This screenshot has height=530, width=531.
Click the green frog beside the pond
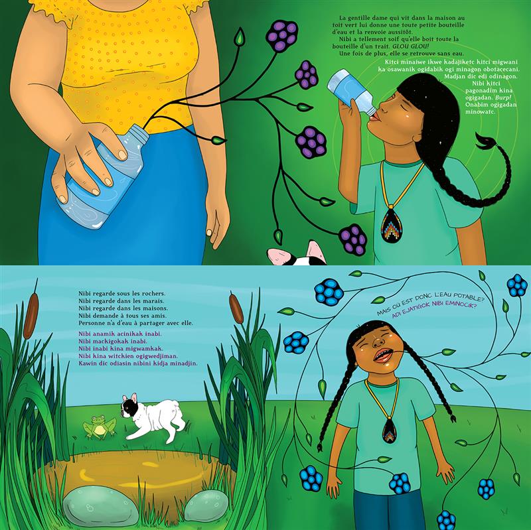coord(99,427)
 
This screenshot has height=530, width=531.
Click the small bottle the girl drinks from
coord(352,90)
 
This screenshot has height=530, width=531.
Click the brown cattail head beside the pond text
coord(236,308)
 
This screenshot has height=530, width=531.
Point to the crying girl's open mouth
coord(383,356)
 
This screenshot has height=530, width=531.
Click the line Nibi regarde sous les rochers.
coord(122,293)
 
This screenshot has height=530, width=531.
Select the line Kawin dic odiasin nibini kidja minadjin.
coord(138,363)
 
